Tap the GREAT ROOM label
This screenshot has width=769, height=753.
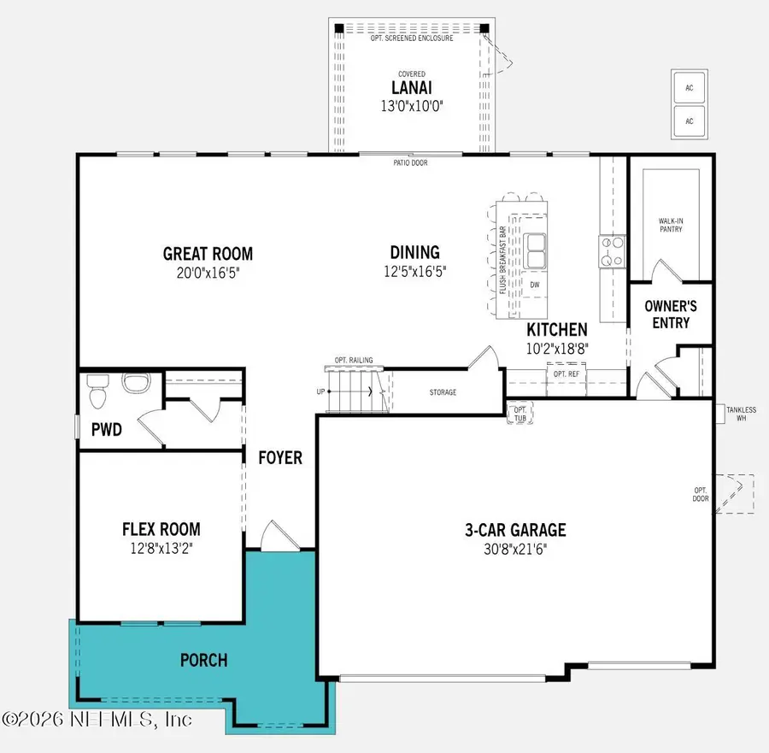(x=208, y=254)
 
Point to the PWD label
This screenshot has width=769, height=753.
(x=106, y=430)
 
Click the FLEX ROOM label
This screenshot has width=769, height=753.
(x=161, y=529)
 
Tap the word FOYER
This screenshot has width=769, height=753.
(x=280, y=458)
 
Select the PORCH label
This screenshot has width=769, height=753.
(x=203, y=660)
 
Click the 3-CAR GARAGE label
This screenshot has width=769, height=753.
(x=515, y=530)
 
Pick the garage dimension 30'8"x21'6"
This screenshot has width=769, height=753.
(x=515, y=549)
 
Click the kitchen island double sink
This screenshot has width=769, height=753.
(x=536, y=250)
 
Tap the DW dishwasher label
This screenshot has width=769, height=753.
(x=535, y=285)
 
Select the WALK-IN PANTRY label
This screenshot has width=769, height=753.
(x=671, y=224)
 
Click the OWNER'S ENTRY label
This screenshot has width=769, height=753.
(x=671, y=314)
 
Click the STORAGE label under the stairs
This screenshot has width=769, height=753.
(x=442, y=392)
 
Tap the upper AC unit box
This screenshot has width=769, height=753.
(x=689, y=87)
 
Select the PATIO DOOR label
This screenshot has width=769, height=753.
(x=410, y=162)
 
